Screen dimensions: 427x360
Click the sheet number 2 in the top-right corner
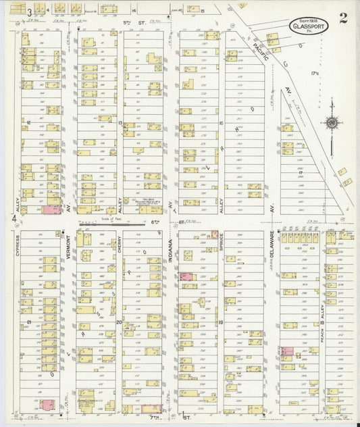[343, 18]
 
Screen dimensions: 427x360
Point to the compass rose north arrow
[331, 122]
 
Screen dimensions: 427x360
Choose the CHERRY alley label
[119, 249]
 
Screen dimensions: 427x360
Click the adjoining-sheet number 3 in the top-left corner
[29, 11]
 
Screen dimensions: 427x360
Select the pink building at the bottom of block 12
[52, 210]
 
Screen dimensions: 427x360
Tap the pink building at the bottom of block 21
[47, 405]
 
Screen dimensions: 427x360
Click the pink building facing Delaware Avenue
[287, 351]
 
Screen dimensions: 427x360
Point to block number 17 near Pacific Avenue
[300, 173]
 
